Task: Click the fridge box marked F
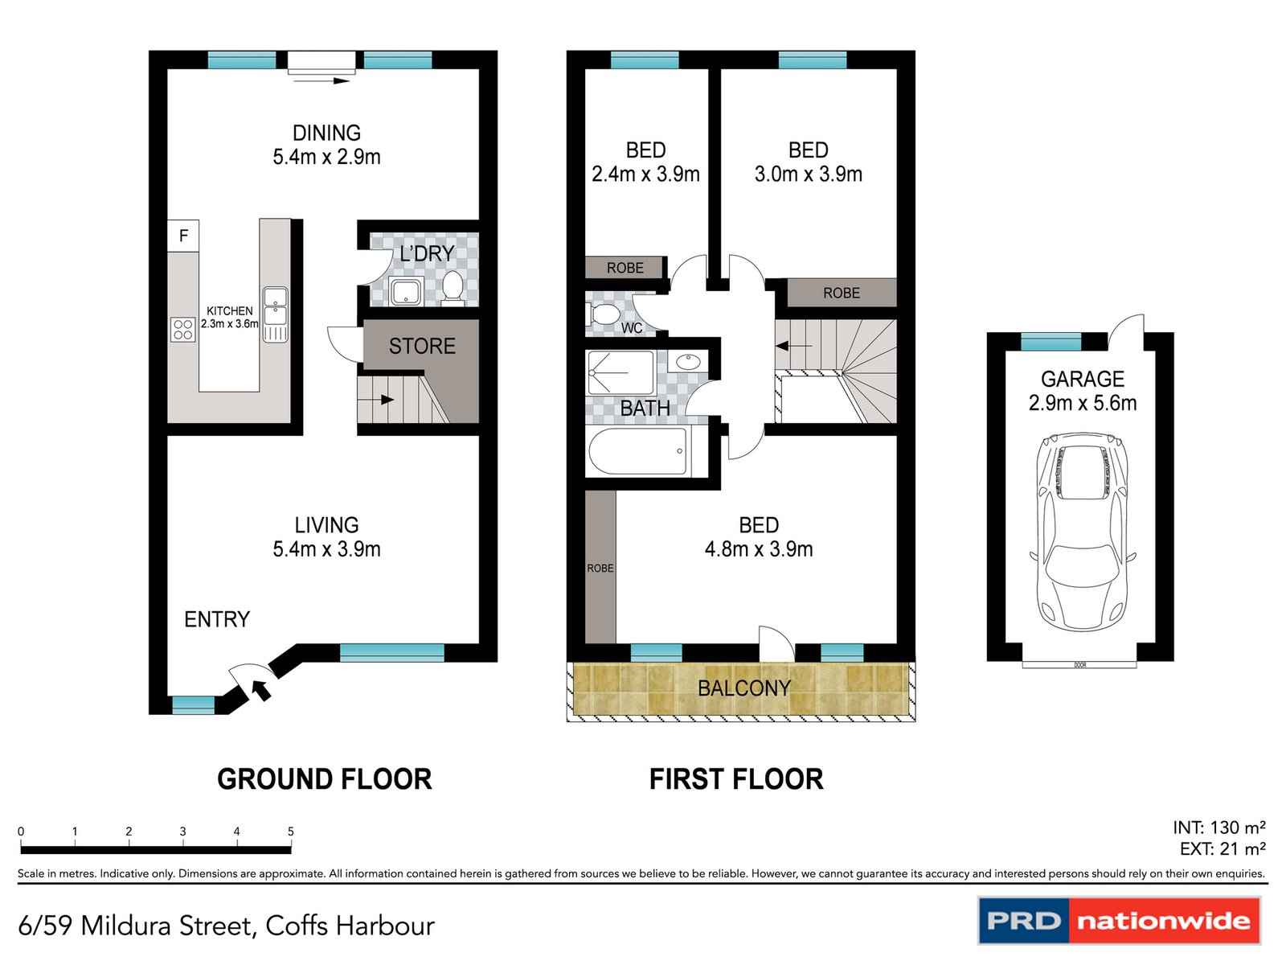tap(183, 236)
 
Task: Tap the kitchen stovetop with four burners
tap(182, 330)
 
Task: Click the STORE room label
tap(422, 347)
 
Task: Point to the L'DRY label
tap(427, 254)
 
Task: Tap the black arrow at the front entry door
tap(261, 689)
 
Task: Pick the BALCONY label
tap(744, 688)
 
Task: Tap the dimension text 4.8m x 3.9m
tap(759, 549)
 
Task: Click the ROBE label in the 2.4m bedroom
tap(625, 268)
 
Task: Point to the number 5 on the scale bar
tap(291, 832)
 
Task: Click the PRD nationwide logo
tap(1119, 921)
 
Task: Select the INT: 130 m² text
tap(1218, 827)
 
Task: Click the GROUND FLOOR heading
tap(325, 779)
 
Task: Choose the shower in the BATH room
tap(620, 373)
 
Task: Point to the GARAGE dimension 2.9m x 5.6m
tap(1082, 403)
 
